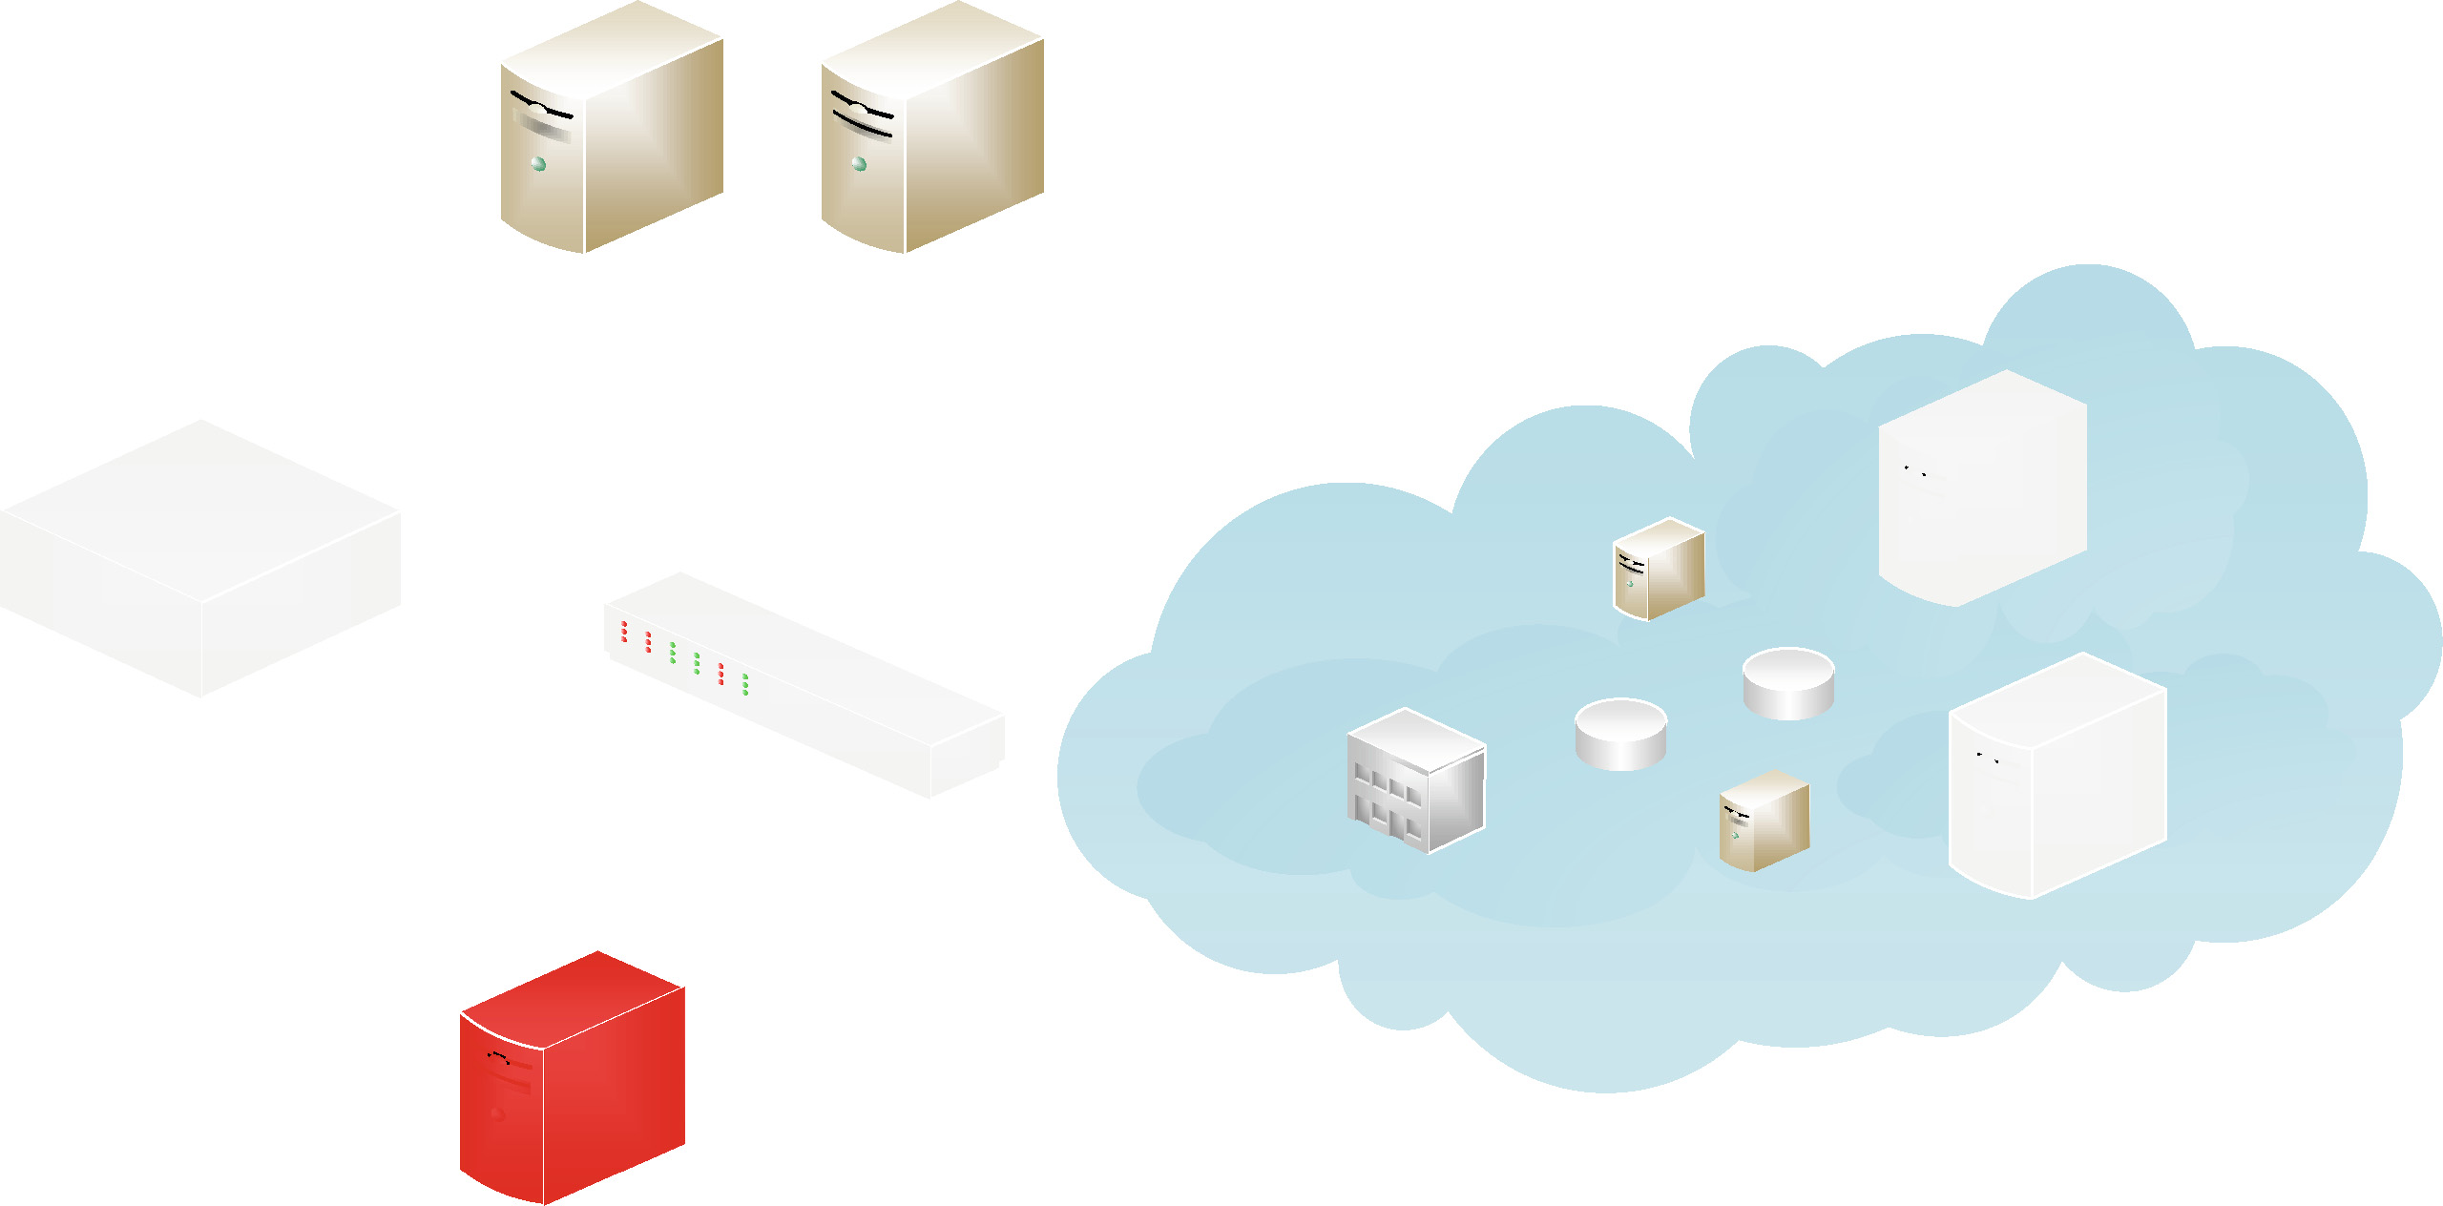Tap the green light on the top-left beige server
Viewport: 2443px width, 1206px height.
point(539,164)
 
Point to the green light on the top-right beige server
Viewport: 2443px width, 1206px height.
point(860,164)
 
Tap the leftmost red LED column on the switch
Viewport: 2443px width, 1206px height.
point(624,632)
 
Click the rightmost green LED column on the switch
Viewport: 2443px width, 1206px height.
point(745,684)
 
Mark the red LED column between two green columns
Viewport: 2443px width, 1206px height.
point(720,674)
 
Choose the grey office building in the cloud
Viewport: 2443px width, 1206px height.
point(1416,780)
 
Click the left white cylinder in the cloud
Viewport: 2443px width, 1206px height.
point(1620,734)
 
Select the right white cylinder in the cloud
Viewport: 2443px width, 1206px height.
point(1788,683)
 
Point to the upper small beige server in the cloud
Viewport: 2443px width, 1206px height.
point(1659,569)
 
